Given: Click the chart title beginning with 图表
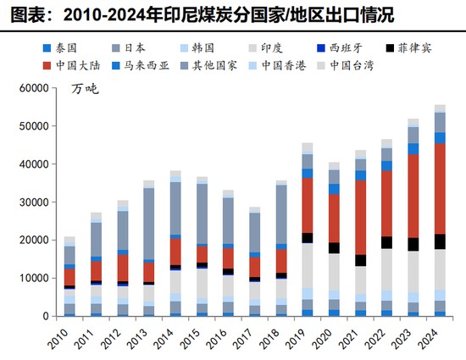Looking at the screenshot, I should [x=179, y=14].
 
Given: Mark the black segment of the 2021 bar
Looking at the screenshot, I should [x=361, y=260].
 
